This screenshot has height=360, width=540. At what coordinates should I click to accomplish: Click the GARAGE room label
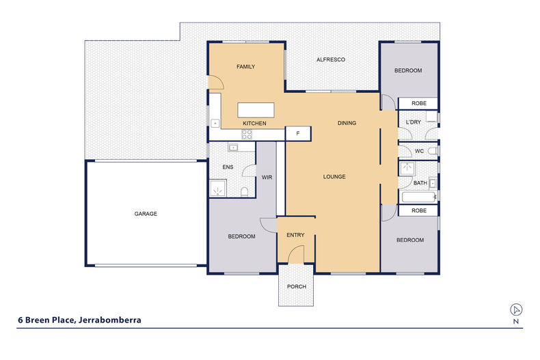point(146,214)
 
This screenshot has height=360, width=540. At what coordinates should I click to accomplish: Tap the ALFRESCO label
point(331,59)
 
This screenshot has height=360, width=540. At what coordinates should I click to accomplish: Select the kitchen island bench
point(256,110)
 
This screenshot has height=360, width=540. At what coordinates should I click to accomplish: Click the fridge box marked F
point(298,133)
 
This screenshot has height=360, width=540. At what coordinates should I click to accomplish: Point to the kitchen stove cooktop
point(247,134)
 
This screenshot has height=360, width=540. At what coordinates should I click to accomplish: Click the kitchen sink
point(215,123)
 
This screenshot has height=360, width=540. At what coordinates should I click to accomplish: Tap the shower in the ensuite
point(217,189)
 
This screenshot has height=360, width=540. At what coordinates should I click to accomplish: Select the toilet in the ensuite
point(244,192)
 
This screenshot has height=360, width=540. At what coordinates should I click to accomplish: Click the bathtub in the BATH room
point(419,197)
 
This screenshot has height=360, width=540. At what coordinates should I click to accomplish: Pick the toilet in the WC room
point(433,151)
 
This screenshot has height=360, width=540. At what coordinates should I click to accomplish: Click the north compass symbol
point(516,309)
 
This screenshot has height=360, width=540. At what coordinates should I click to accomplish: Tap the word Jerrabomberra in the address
point(110,320)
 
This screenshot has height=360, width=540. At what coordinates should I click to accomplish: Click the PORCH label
point(297,286)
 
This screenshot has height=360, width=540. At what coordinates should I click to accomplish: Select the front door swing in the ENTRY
point(295,254)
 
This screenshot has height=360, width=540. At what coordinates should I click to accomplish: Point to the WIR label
point(267,177)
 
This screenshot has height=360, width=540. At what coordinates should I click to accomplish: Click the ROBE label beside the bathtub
point(419,210)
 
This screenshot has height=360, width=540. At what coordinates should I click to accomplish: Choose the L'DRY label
point(414,122)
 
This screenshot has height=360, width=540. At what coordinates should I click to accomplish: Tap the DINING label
point(347,123)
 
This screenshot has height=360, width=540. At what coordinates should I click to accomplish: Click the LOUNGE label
point(334,176)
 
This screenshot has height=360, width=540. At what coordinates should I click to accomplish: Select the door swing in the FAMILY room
point(216,83)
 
